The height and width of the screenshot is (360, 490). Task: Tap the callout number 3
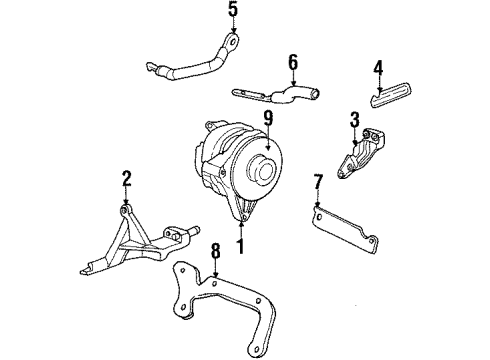coord(354,122)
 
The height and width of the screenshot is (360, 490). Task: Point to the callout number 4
coord(378,68)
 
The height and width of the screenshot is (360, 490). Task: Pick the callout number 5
coord(233,12)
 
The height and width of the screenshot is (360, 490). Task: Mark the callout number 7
coord(318,183)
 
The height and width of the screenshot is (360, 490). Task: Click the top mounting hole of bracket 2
coord(126,207)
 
